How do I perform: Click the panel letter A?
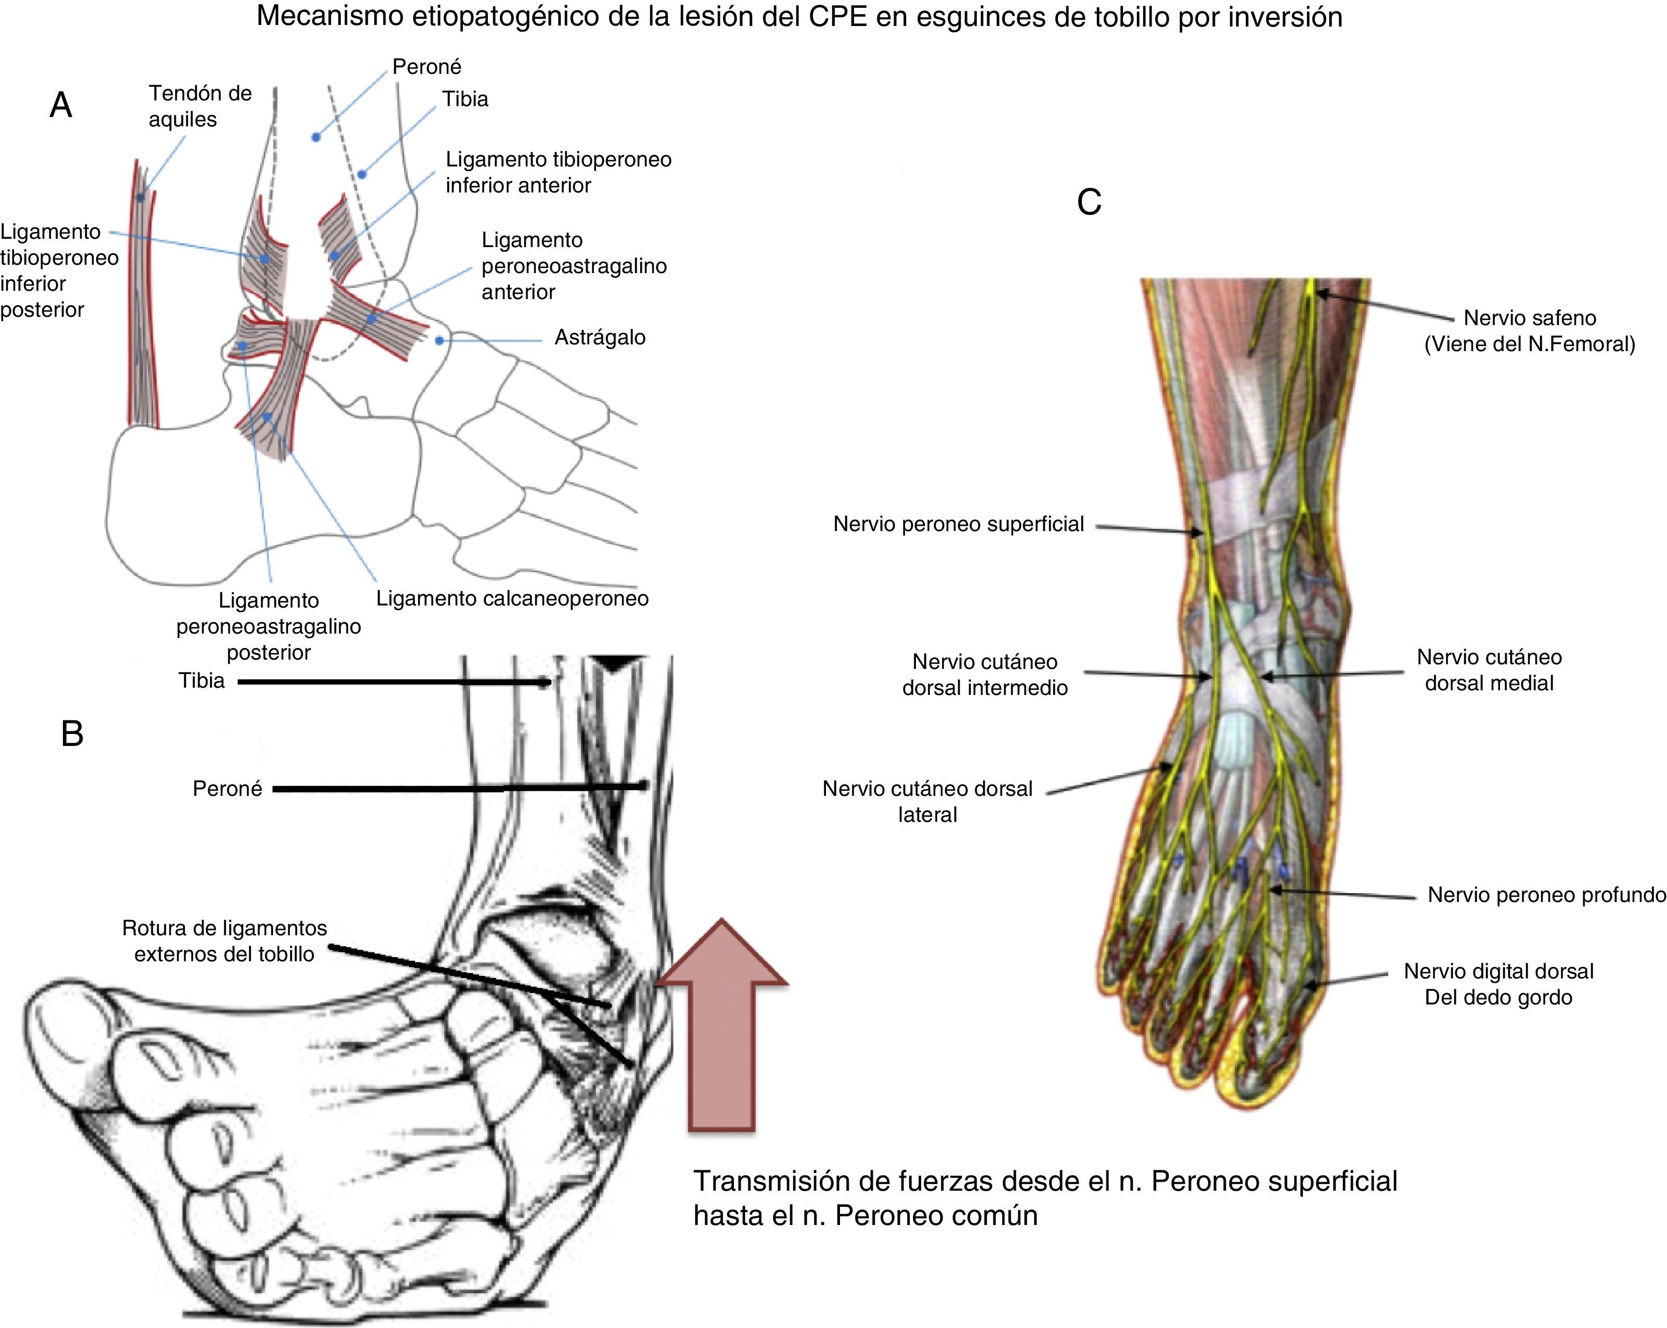(60, 105)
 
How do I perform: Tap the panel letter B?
(72, 733)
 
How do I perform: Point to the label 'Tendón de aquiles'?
(200, 106)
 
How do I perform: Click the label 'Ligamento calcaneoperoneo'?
(512, 599)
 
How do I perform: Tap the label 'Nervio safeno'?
(1529, 318)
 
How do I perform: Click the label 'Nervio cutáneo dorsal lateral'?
(927, 801)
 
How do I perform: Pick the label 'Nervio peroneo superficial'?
(958, 524)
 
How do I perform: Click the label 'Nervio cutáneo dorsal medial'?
(1489, 670)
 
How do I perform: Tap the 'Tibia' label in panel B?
(202, 680)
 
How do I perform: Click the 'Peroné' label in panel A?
(427, 67)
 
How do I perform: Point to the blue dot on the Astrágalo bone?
(439, 340)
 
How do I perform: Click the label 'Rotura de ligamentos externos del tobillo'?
(224, 940)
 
